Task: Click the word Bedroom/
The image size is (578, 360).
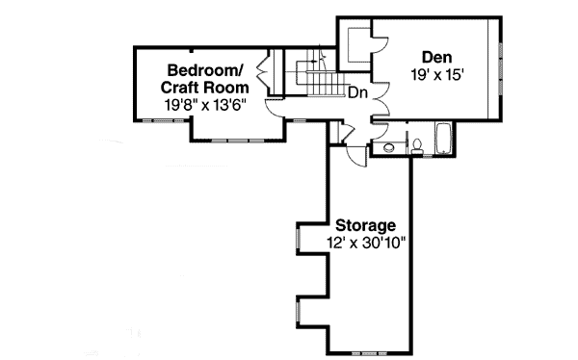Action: pos(206,70)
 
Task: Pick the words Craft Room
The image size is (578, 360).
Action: pos(205,88)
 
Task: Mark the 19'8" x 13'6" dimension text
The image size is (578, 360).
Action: pos(205,105)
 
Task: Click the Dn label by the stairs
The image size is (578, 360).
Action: pos(356,93)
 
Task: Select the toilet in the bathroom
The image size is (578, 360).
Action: pos(418,146)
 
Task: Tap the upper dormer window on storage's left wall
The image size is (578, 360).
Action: pos(298,241)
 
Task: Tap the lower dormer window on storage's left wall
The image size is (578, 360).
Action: pos(298,314)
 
